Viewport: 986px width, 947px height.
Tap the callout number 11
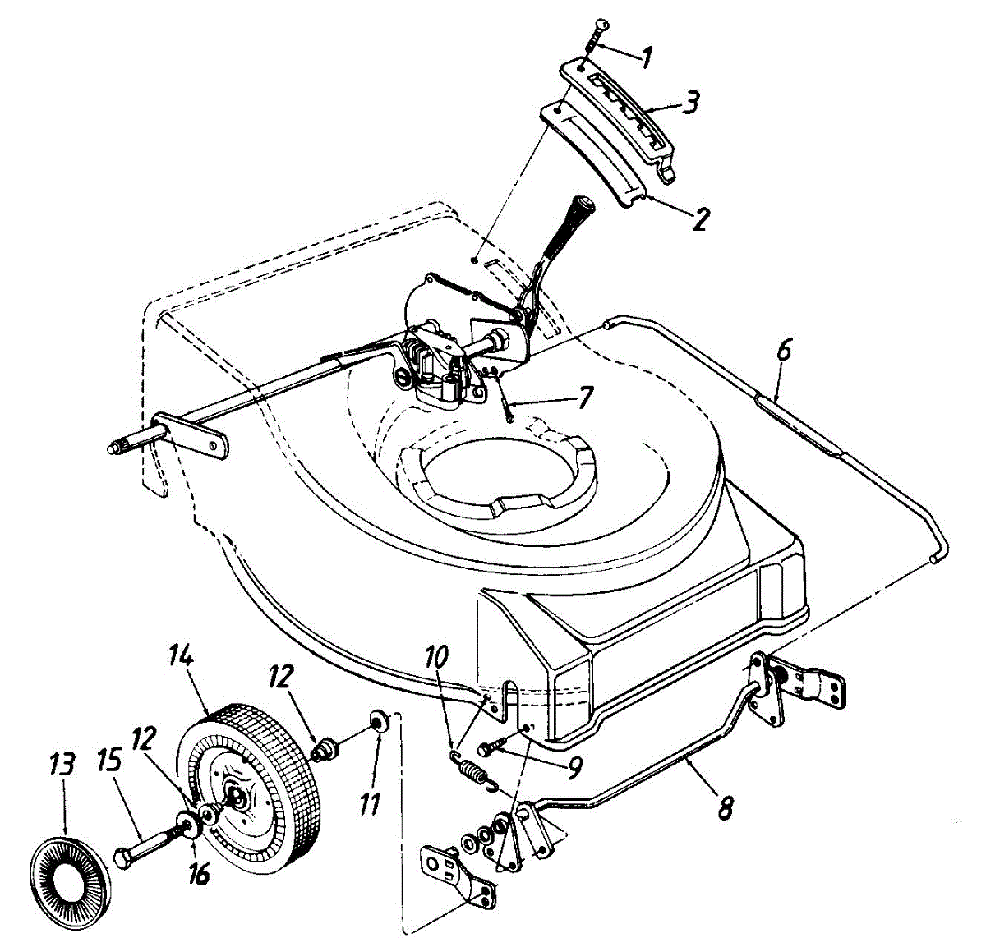[x=371, y=801]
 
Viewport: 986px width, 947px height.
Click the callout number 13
[x=62, y=765]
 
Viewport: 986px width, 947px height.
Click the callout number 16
[x=198, y=872]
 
